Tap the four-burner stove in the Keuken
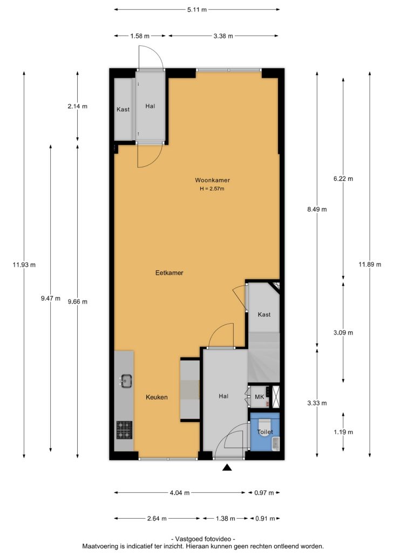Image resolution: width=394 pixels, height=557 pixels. click(124, 430)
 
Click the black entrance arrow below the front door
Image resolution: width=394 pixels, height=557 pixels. click(227, 468)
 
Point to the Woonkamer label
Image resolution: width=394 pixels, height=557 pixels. click(213, 180)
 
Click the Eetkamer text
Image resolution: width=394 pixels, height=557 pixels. click(169, 273)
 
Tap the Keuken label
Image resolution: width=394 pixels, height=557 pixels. click(157, 397)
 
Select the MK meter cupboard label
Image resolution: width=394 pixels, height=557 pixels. click(260, 397)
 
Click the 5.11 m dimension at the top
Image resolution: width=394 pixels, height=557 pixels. click(197, 10)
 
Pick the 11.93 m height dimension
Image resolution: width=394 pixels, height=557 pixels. click(24, 264)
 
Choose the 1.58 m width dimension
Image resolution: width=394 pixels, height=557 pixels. click(140, 36)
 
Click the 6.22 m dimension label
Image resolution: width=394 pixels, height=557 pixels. click(343, 179)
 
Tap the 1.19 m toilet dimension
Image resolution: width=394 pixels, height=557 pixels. click(343, 432)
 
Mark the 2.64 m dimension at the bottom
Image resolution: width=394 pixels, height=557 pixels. click(157, 519)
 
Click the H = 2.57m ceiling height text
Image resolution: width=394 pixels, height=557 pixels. click(212, 188)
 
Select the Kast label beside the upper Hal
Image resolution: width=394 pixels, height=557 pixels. click(123, 110)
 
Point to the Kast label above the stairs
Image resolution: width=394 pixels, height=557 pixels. click(264, 314)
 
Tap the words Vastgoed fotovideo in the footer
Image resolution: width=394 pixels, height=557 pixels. click(203, 539)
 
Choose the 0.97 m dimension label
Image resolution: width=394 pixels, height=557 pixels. click(264, 493)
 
